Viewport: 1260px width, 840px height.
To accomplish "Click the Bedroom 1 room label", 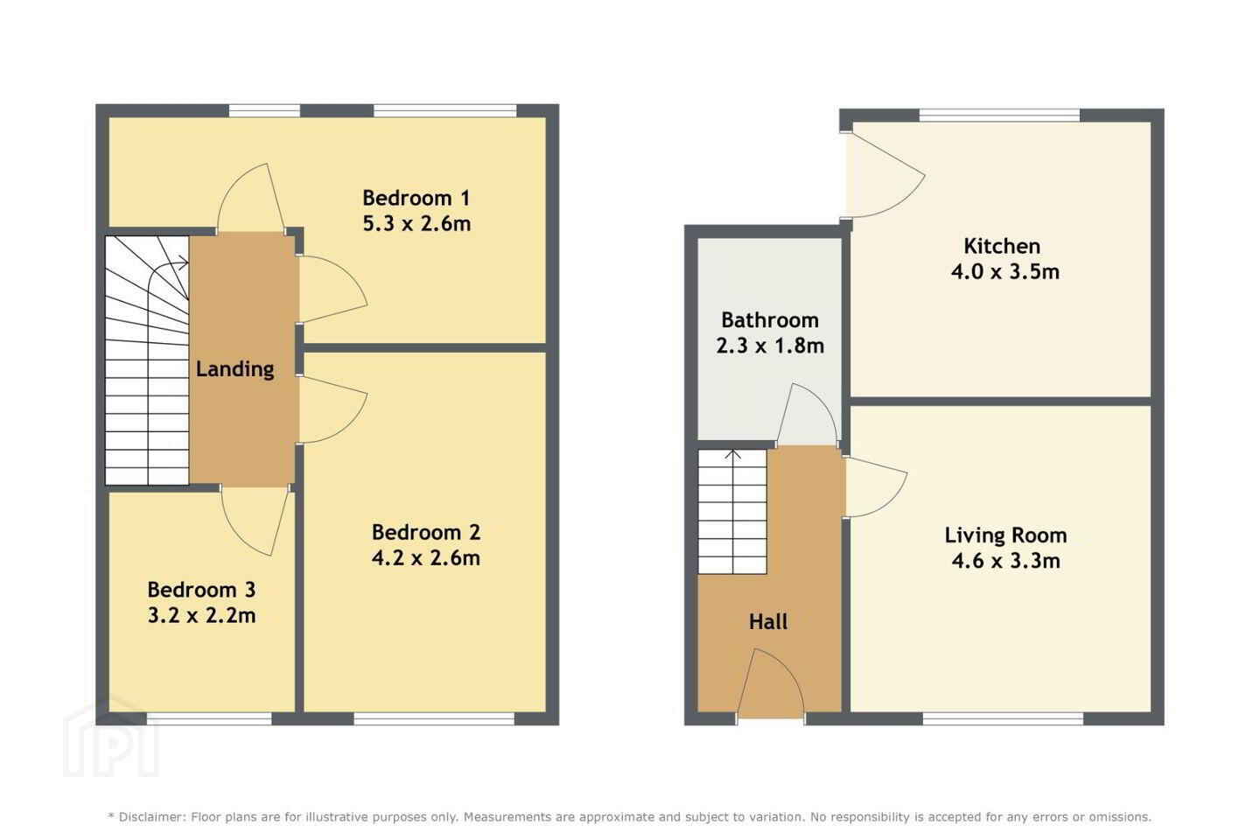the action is tap(416, 198).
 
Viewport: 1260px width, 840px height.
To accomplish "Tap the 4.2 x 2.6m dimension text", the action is tap(426, 558).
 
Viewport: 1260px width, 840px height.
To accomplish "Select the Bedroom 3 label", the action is tap(201, 590).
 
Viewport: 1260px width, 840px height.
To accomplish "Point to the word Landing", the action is tap(235, 369).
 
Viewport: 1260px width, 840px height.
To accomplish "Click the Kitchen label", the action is tap(1002, 247).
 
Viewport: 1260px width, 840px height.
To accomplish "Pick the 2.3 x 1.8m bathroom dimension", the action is tap(770, 346).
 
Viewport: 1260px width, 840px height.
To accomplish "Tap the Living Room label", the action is tap(1005, 535).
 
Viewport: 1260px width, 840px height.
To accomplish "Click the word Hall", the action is tap(768, 622).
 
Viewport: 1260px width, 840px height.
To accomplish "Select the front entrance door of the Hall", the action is tap(770, 684).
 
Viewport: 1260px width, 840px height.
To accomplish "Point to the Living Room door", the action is tap(875, 486).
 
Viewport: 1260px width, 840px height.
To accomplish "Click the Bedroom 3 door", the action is tap(256, 521).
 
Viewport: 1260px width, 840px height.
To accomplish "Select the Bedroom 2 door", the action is tap(332, 409).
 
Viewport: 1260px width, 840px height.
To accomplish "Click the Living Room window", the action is tap(1003, 718).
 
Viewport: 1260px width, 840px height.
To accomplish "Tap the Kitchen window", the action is tap(999, 115).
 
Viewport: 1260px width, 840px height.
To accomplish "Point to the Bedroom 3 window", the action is tap(209, 718).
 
